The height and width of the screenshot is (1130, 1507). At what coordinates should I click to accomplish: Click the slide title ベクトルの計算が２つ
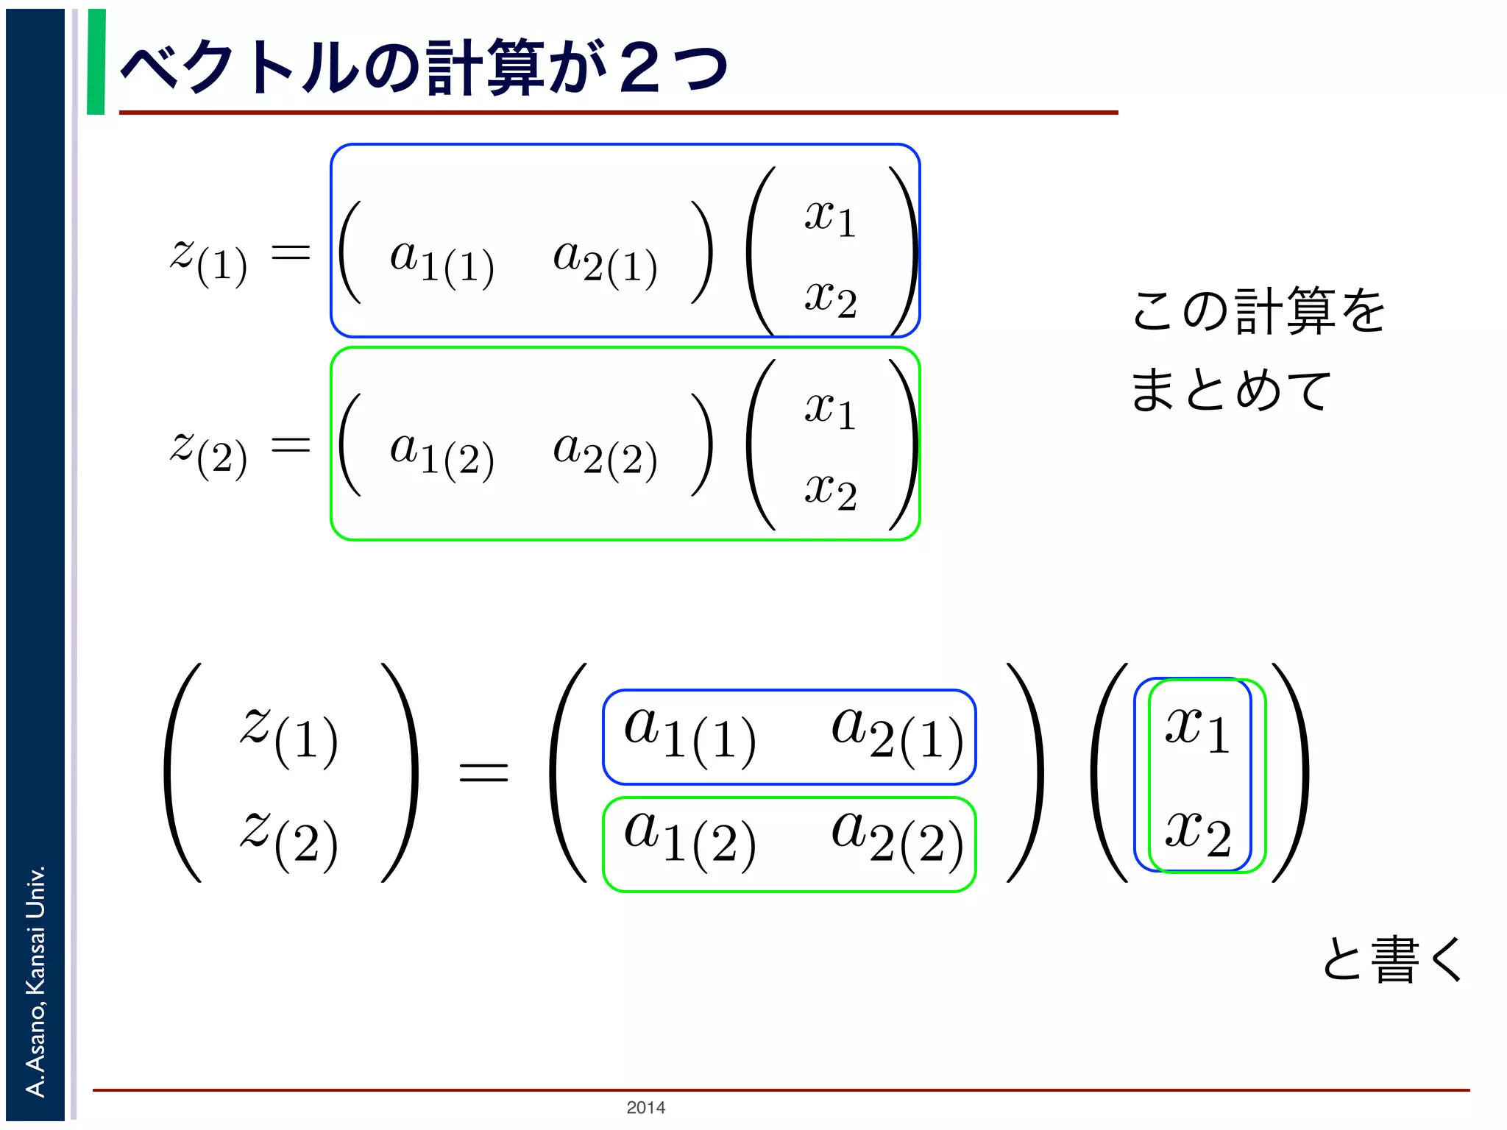point(423,68)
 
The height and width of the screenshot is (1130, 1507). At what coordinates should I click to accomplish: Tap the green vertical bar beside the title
point(96,62)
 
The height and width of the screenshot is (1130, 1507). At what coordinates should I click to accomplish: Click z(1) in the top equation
point(209,259)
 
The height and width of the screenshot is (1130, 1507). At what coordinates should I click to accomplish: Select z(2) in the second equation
point(209,452)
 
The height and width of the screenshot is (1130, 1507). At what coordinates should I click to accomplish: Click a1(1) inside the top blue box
point(442,260)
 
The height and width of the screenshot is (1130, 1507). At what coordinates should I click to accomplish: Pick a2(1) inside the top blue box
point(605,260)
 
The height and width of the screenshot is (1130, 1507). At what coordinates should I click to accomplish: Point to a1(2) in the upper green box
point(442,453)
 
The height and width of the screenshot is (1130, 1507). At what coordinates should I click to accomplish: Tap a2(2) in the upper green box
point(605,453)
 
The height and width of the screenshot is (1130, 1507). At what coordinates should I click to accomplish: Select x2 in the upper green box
point(830,491)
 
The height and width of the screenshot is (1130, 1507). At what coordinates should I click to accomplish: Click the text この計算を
point(1258,311)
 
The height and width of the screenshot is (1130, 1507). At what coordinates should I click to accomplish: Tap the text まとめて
point(1230,389)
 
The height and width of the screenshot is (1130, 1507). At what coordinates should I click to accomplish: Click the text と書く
point(1392,959)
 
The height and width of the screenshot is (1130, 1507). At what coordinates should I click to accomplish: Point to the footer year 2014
point(645,1107)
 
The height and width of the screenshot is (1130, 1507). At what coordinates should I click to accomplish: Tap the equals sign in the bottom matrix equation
point(483,772)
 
